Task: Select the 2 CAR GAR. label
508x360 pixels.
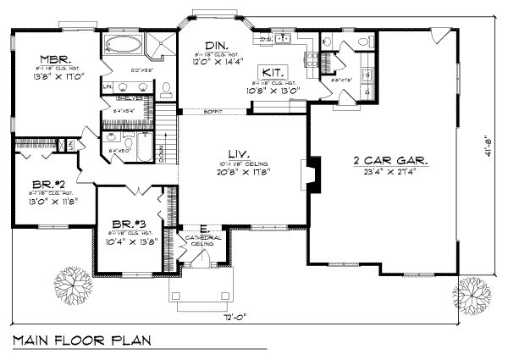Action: tap(388, 161)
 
